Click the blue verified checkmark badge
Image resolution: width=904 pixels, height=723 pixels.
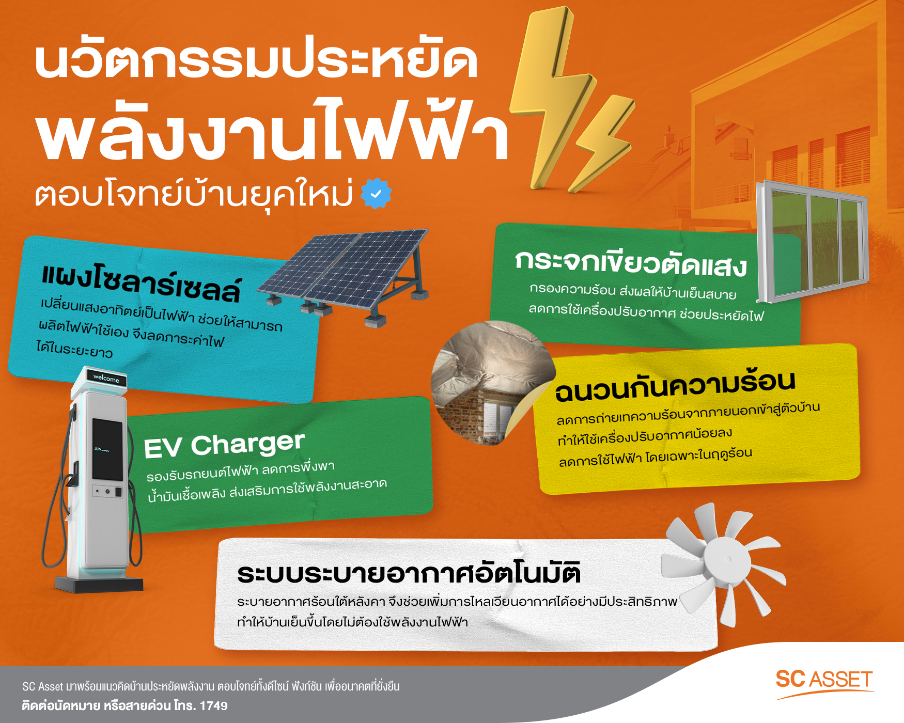point(376,194)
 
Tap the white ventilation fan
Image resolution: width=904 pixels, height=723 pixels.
point(723,560)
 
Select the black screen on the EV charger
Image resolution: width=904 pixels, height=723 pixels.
point(107,449)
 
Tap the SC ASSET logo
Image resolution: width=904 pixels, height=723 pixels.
point(824,680)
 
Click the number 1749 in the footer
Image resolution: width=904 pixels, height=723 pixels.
point(213,706)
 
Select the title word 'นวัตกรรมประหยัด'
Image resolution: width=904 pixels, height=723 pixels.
point(256,62)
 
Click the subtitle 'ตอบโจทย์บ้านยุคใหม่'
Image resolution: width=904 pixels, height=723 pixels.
point(194,195)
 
